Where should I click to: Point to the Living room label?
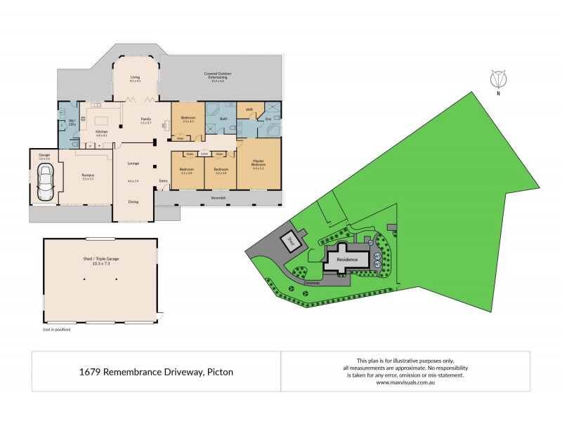135,79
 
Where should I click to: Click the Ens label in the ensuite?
268,120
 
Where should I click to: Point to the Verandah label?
218,199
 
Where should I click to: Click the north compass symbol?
497,81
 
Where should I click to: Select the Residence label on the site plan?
348,260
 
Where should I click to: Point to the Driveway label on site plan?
312,283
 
